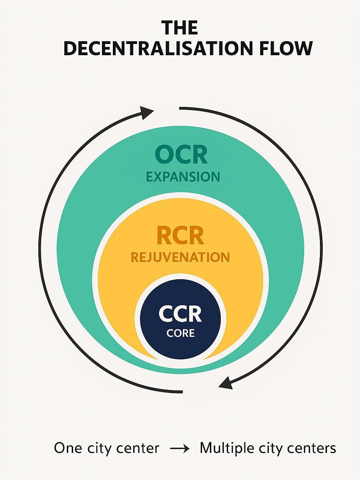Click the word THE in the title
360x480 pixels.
point(180,28)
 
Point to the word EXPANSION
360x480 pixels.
point(183,177)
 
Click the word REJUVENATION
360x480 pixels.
point(180,257)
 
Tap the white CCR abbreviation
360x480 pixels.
point(180,314)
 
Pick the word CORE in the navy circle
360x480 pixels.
point(180,333)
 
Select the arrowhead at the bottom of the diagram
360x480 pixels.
point(226,382)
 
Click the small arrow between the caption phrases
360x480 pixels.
point(180,449)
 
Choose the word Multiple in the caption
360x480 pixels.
point(227,448)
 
